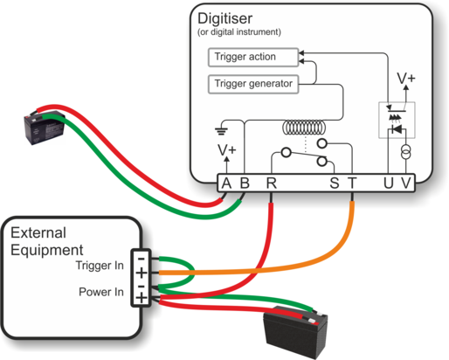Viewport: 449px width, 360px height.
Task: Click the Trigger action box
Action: click(253, 57)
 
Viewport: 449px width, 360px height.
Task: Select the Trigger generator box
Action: click(253, 84)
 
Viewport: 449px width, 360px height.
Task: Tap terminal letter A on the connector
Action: click(226, 183)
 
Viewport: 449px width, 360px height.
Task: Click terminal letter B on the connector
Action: click(245, 183)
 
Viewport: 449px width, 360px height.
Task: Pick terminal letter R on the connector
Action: click(272, 183)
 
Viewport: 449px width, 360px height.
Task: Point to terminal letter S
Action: click(335, 183)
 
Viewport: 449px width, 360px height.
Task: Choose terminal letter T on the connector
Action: click(352, 183)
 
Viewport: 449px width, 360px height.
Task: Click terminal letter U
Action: click(389, 183)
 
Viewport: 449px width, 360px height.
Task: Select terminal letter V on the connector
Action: click(406, 183)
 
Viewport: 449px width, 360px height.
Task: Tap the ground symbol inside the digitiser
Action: click(221, 131)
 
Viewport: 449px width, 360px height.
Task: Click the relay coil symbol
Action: click(304, 128)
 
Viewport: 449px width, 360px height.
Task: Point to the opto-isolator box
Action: click(397, 120)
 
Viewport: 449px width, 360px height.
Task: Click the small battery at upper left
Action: click(44, 128)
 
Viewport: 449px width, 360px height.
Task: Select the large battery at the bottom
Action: click(295, 331)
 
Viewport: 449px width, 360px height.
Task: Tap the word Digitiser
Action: click(224, 18)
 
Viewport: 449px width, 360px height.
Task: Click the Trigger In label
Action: click(100, 266)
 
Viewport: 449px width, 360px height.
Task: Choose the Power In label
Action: click(101, 292)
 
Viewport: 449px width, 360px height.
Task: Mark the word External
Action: click(38, 232)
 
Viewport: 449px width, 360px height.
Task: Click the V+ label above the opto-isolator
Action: click(406, 78)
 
